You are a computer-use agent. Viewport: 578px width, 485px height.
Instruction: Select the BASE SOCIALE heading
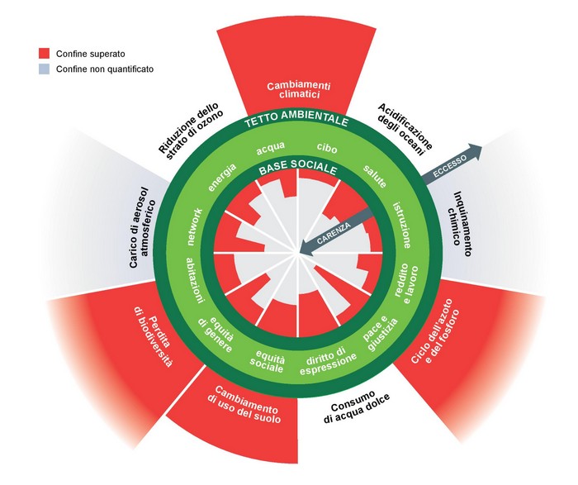[297, 168]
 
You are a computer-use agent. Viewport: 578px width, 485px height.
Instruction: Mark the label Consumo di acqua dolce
[353, 411]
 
